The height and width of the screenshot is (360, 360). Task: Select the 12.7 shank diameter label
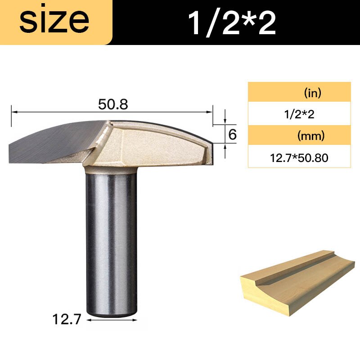[66, 320]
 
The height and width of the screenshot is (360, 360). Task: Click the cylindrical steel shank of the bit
[110, 238]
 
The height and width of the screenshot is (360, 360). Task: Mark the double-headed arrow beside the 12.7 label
[110, 320]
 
